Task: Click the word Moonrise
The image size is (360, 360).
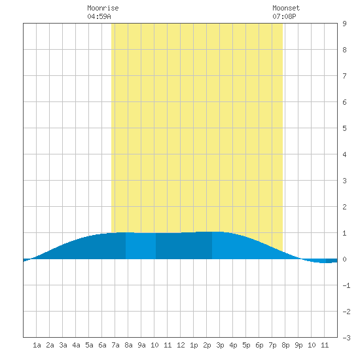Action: (x=103, y=8)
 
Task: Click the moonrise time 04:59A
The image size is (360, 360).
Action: (x=99, y=16)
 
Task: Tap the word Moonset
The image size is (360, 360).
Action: (x=286, y=8)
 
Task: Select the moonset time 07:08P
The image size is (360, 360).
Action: (x=284, y=16)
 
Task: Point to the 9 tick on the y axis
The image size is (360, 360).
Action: (x=344, y=24)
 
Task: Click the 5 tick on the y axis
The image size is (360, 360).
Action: (x=344, y=128)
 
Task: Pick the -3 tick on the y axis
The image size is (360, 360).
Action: (x=346, y=338)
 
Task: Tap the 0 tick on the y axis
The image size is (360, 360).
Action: (x=344, y=259)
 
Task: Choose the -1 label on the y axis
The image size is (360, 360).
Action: (x=346, y=285)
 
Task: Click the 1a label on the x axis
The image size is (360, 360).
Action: (x=37, y=345)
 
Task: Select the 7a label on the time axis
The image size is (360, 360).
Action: (x=115, y=345)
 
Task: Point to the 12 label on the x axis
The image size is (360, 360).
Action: (x=181, y=345)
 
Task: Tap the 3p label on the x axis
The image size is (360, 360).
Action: (x=220, y=345)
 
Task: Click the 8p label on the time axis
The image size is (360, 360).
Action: (x=285, y=345)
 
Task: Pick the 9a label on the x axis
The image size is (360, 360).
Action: (x=141, y=345)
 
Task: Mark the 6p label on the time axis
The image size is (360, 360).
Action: (x=259, y=345)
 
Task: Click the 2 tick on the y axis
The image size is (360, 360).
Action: (x=344, y=207)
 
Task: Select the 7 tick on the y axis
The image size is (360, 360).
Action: (x=344, y=76)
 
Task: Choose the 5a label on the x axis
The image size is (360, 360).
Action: (x=89, y=345)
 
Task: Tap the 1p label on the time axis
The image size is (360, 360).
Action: (x=194, y=345)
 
